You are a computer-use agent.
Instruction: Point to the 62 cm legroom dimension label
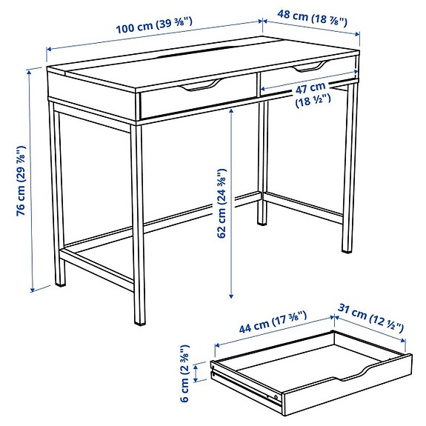point(222,201)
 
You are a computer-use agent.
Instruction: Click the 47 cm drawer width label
point(311,94)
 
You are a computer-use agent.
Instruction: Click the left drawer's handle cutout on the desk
point(199,87)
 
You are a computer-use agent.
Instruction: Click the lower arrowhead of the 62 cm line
point(233,293)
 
